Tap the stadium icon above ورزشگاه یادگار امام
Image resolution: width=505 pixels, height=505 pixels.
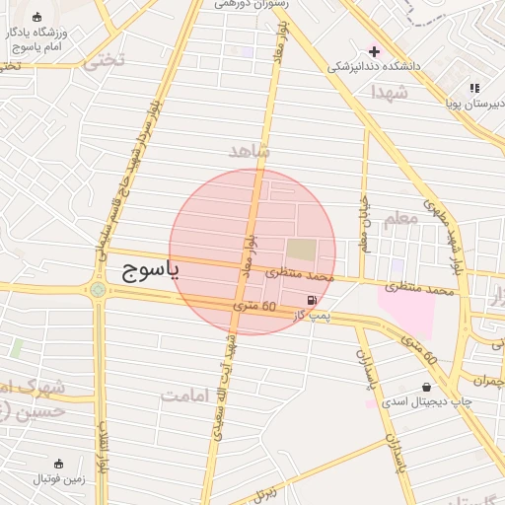coord(37,18)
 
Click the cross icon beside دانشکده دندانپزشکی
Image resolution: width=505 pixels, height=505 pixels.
coord(374,51)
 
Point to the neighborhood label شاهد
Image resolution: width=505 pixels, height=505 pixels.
coord(249,150)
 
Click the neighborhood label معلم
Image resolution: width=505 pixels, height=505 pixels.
coord(398,218)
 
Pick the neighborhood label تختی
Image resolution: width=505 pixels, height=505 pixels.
coord(104,59)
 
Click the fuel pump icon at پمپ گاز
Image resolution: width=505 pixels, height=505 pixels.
coord(313,300)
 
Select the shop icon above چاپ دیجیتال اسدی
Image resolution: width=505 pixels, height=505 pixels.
coord(426,388)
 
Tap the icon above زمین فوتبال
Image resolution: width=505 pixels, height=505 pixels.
coord(58,465)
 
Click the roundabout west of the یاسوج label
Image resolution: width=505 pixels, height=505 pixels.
coord(98,290)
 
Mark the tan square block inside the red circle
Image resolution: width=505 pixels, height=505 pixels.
coord(303,250)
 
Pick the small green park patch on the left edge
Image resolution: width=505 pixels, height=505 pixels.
coord(16,348)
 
